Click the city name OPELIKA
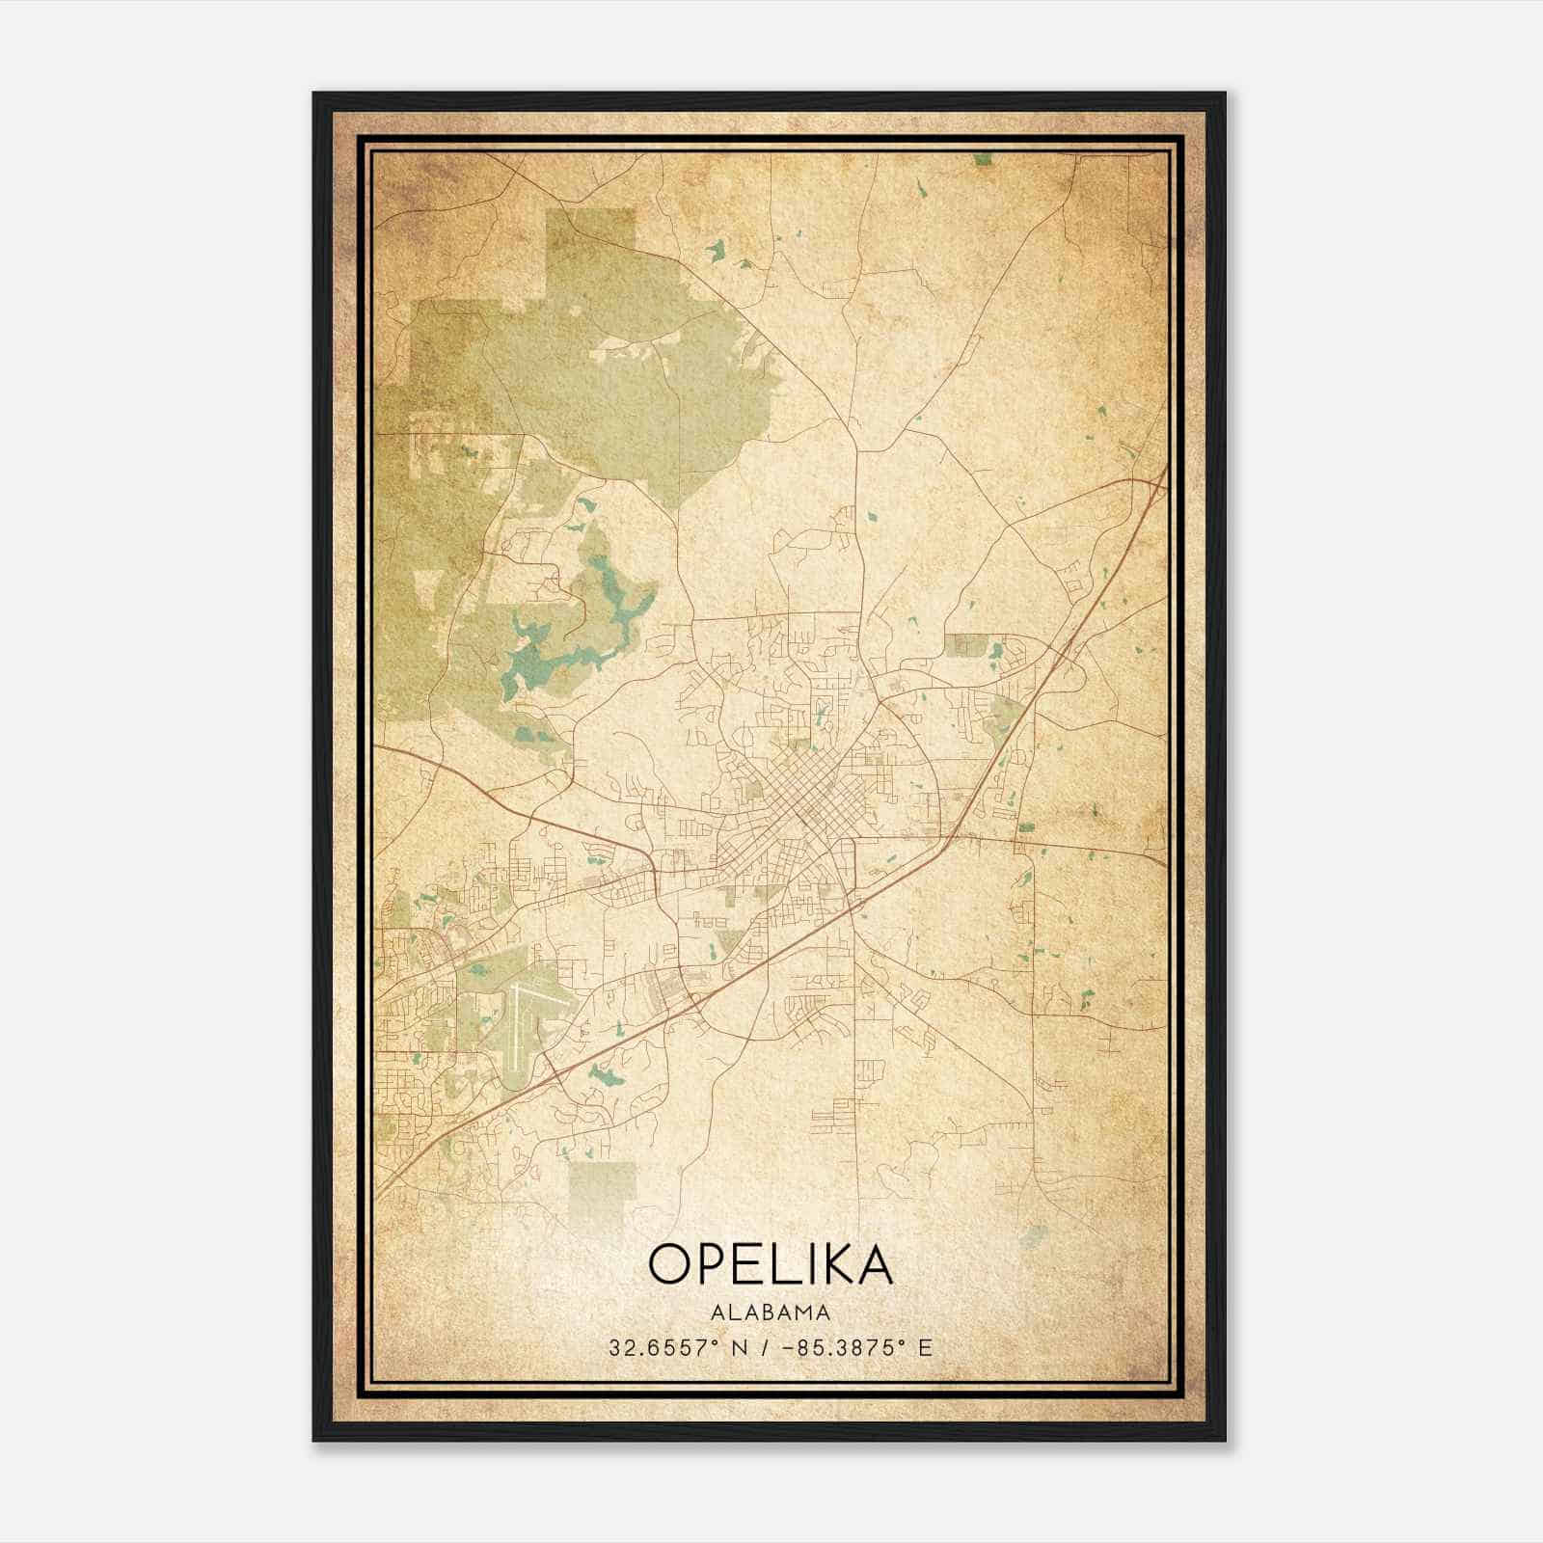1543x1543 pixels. coord(771,1263)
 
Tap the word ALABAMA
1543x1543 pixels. coord(771,1313)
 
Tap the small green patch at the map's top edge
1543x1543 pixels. coord(982,159)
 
